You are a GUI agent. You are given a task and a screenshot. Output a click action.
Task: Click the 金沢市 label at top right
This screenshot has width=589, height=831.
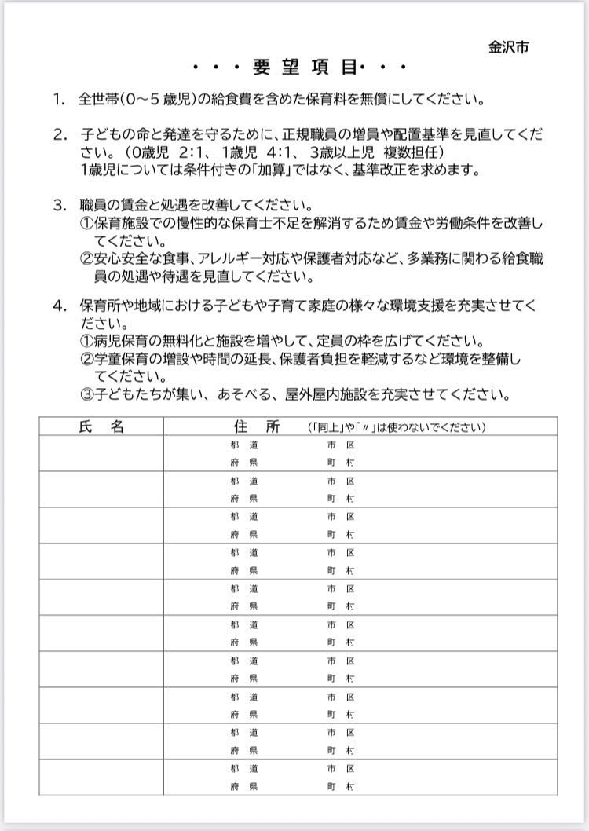click(508, 47)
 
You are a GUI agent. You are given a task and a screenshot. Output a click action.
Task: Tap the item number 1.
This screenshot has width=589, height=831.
click(58, 100)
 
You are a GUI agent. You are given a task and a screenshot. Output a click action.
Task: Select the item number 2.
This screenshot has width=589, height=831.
click(58, 134)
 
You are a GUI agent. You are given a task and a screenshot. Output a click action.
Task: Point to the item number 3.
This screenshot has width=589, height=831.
click(58, 206)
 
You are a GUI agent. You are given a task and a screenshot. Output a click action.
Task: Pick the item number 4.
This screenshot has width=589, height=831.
click(58, 305)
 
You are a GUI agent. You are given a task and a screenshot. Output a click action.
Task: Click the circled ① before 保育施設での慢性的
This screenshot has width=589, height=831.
click(86, 223)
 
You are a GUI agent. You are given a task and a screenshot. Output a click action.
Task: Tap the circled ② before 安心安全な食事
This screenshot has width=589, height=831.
click(86, 258)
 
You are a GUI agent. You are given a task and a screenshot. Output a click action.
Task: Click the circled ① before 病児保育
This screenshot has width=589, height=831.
click(86, 341)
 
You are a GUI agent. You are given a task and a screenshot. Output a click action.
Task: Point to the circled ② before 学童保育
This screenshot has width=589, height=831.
click(86, 359)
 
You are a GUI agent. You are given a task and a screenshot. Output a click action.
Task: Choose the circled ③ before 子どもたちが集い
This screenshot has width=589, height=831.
click(86, 394)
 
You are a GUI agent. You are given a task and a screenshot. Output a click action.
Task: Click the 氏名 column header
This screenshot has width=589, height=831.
click(101, 426)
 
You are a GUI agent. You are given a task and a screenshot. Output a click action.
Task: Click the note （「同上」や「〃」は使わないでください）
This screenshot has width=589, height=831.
click(397, 428)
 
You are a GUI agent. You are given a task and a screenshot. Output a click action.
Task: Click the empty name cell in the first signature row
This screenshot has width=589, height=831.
click(101, 453)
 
